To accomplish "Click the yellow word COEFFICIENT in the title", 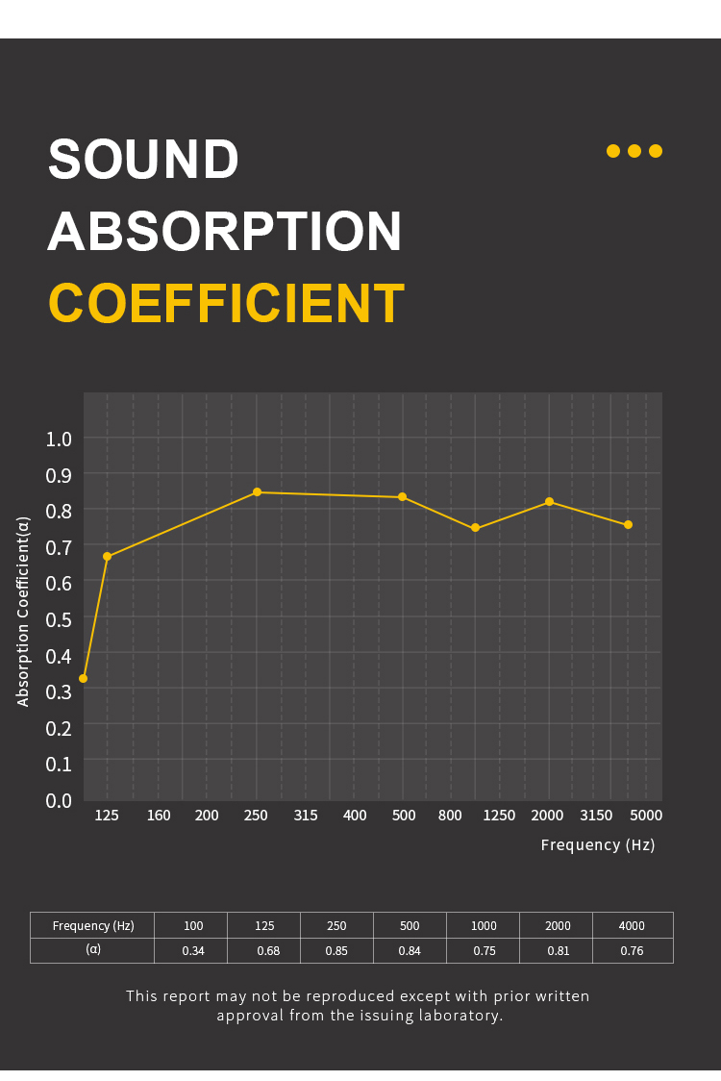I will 226,304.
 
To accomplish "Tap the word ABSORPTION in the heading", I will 225,232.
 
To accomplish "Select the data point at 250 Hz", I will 257,492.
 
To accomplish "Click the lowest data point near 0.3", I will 83,678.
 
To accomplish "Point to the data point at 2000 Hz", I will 549,502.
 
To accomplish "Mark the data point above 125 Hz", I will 107,557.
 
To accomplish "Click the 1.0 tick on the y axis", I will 59,440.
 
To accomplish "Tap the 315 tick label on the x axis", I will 306,816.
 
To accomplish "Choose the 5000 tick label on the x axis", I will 646,816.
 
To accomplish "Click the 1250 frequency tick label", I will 499,816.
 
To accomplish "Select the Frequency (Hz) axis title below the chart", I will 597,844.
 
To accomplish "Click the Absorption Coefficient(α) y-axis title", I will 24,612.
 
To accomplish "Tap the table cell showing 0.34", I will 193,951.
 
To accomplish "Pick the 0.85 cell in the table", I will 336,951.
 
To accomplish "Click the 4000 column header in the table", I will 632,926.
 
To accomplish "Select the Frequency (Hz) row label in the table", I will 93,926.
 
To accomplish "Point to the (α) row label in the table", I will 93,949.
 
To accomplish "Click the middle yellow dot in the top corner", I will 634,151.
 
